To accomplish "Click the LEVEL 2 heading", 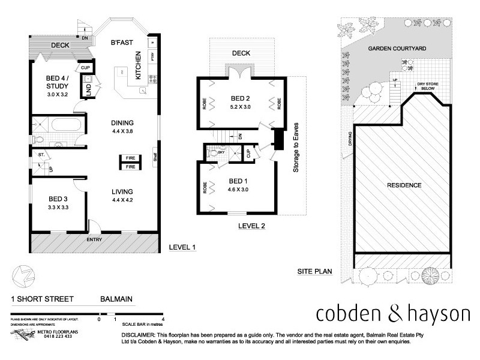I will [x=251, y=226].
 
